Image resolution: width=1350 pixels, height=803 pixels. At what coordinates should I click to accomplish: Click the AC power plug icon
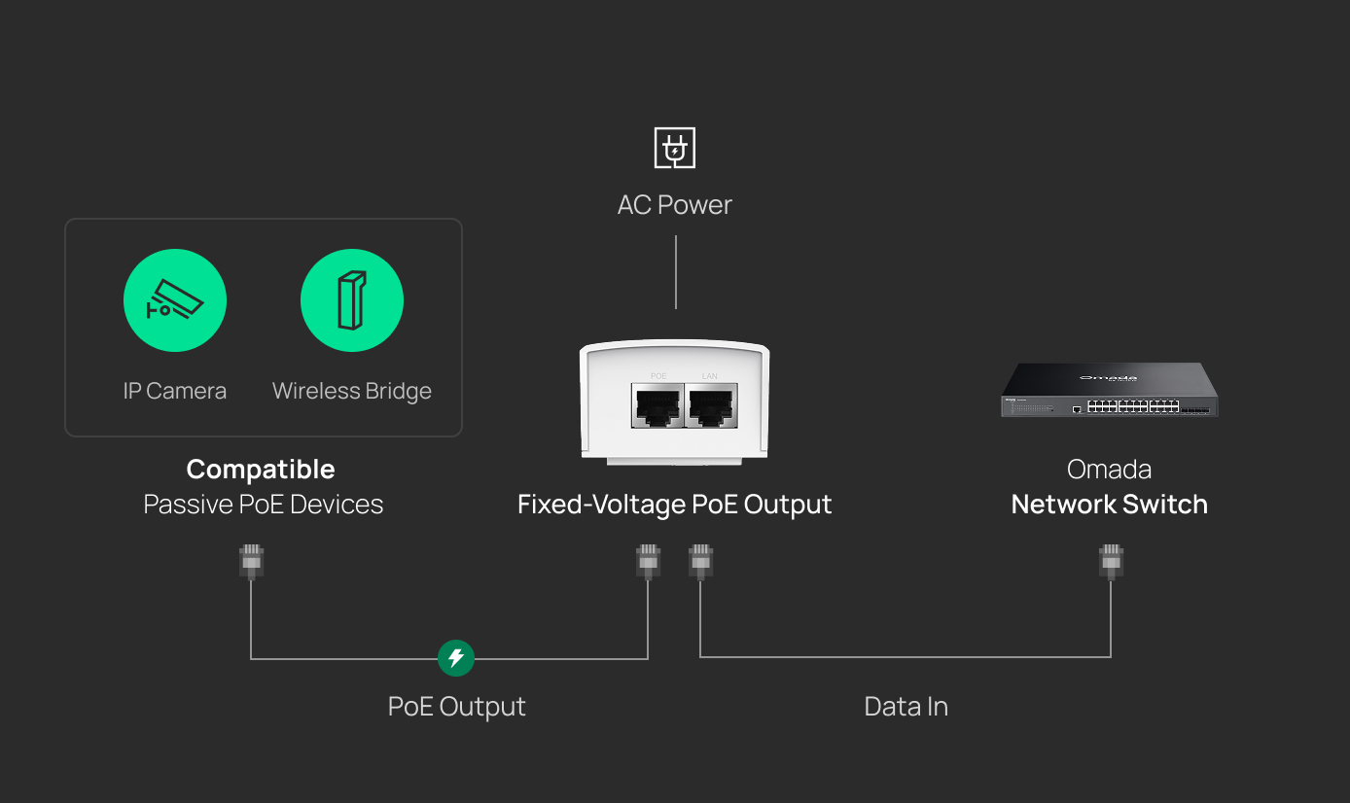pyautogui.click(x=674, y=148)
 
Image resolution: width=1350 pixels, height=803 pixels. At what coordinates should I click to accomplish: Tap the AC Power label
pyautogui.click(x=674, y=205)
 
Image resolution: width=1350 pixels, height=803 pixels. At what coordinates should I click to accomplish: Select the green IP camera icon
pyautogui.click(x=175, y=300)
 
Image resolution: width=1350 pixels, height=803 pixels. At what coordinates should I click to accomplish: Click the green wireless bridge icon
pyautogui.click(x=352, y=300)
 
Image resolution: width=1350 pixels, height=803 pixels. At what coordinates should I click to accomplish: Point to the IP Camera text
pyautogui.click(x=175, y=391)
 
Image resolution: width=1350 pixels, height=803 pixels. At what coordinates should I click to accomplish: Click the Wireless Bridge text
pyautogui.click(x=352, y=391)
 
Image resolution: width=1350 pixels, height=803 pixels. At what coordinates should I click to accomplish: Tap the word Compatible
pyautogui.click(x=261, y=470)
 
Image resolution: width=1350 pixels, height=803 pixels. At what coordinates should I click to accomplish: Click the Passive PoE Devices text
pyautogui.click(x=264, y=505)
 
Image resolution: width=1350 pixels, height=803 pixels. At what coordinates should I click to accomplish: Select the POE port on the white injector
pyautogui.click(x=657, y=405)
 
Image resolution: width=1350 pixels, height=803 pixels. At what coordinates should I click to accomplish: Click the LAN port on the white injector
pyautogui.click(x=711, y=405)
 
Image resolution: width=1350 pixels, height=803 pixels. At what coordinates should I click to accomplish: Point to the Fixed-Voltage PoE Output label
pyautogui.click(x=674, y=505)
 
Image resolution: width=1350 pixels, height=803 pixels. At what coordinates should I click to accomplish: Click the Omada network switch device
pyautogui.click(x=1110, y=390)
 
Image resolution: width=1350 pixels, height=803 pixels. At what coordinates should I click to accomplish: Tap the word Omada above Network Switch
pyautogui.click(x=1109, y=470)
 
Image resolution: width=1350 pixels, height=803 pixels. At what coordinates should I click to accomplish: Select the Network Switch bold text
pyautogui.click(x=1110, y=505)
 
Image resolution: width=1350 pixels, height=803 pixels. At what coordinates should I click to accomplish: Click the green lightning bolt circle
pyautogui.click(x=455, y=658)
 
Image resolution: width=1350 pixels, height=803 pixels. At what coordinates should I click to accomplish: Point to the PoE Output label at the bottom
pyautogui.click(x=457, y=707)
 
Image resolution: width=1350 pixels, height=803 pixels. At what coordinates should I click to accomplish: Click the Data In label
pyautogui.click(x=906, y=707)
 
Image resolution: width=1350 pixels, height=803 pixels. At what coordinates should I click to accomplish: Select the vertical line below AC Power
pyautogui.click(x=676, y=272)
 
